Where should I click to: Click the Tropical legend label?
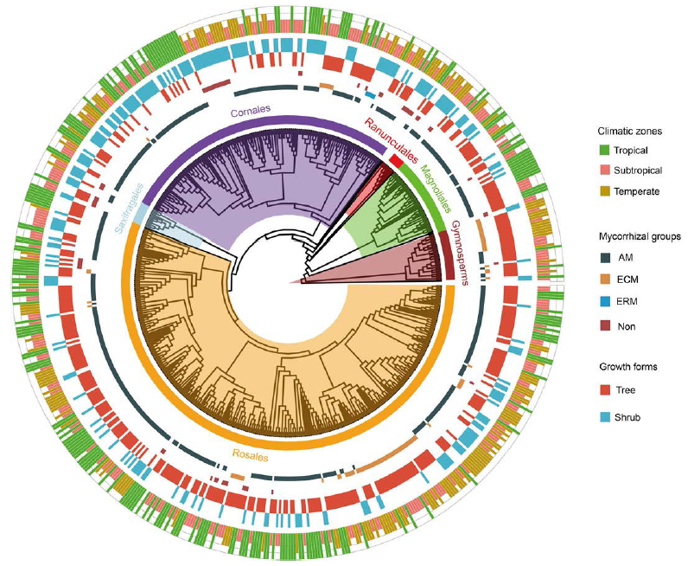[636, 151]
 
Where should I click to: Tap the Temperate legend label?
[640, 190]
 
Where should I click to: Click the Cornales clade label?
[251, 110]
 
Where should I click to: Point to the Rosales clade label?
[250, 453]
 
